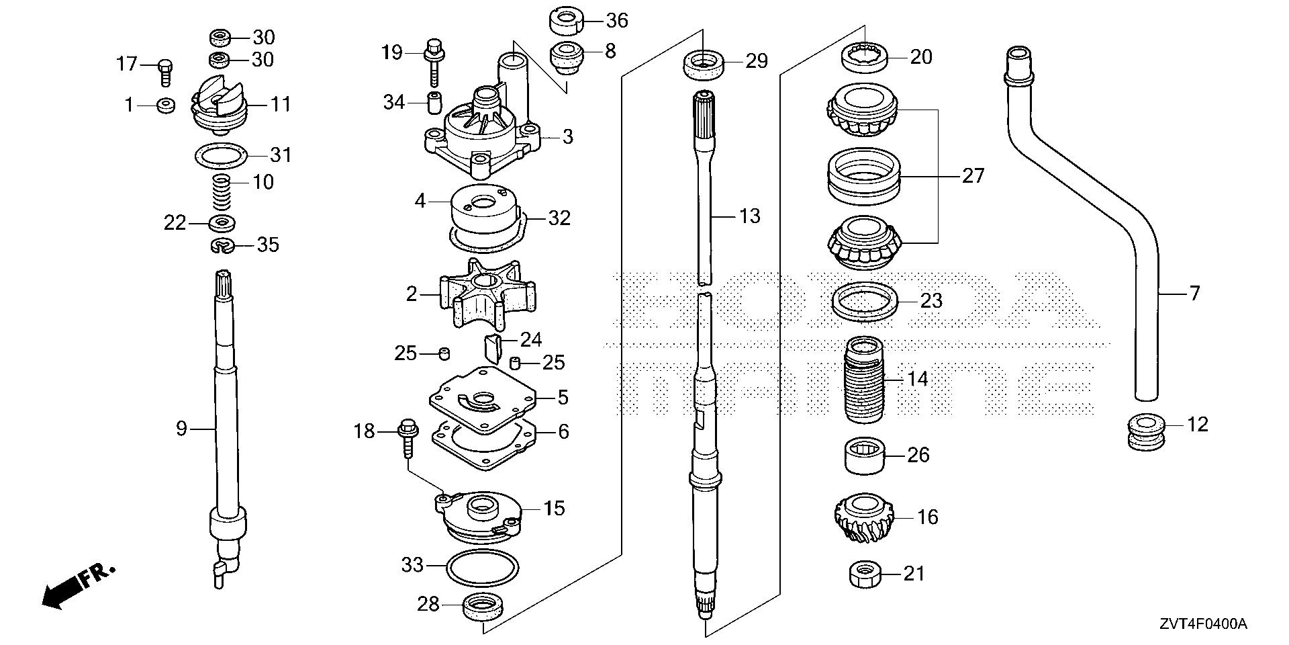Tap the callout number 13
[x=749, y=216]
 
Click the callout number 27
[x=973, y=176]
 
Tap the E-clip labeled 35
[x=222, y=247]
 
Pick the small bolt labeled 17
[x=165, y=71]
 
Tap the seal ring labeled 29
[x=703, y=65]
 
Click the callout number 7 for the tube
[x=1194, y=294]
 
